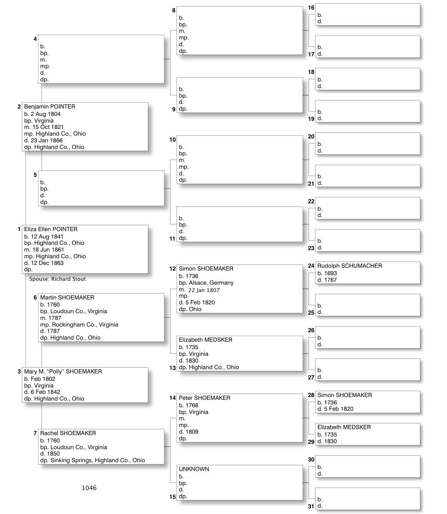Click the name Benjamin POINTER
50,107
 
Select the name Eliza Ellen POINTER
51,229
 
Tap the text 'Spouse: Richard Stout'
57,279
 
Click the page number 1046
89,488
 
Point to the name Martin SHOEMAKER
67,298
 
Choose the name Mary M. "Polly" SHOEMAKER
63,372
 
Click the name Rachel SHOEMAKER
68,433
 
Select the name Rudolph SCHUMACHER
350,266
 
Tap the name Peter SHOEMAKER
204,398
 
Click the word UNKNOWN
194,469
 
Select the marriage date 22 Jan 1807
204,290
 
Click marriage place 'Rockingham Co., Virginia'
85,325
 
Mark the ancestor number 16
311,8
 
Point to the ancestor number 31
311,507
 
